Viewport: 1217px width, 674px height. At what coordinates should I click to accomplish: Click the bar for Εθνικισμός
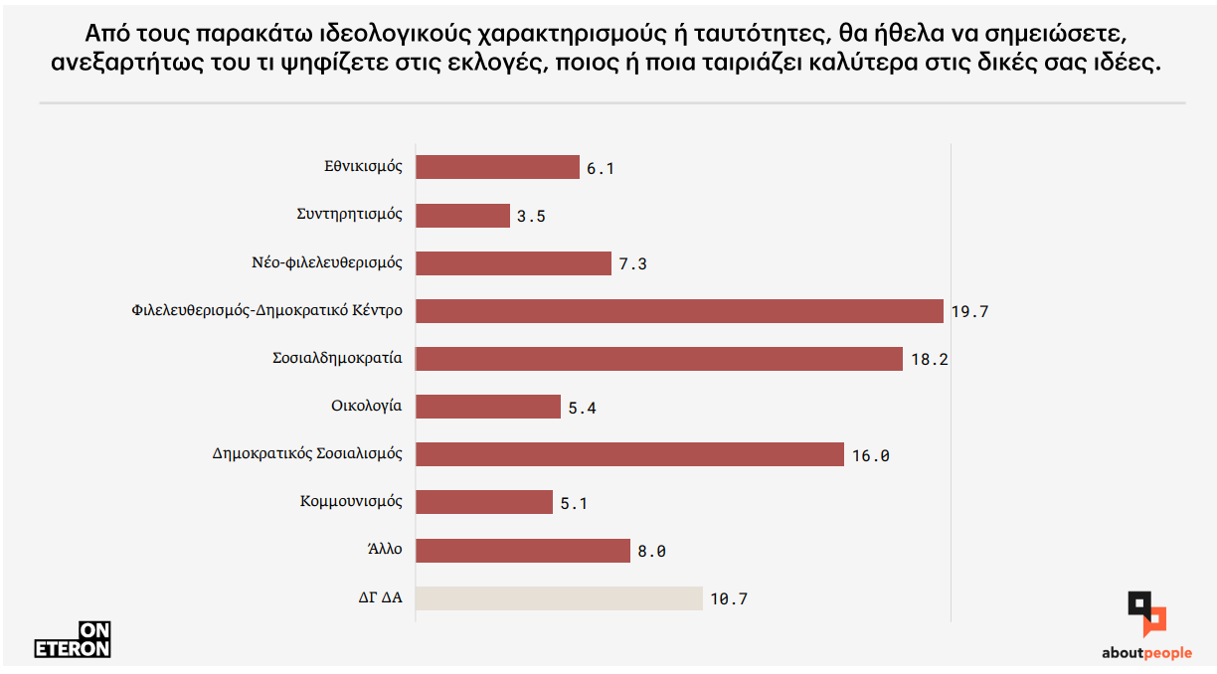pos(497,167)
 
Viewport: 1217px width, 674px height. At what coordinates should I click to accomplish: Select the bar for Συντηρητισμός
pos(462,215)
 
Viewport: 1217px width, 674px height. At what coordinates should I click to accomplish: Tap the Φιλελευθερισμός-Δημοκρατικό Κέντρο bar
pos(679,311)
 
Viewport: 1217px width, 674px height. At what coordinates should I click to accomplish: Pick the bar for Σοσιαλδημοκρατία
pos(658,359)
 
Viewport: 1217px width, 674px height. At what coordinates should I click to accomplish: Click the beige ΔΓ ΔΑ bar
pos(559,598)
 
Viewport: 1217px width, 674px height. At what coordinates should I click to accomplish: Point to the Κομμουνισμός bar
pos(483,502)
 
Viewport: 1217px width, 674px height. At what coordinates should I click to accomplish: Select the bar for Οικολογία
pos(488,407)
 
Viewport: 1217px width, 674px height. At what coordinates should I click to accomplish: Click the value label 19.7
pos(969,312)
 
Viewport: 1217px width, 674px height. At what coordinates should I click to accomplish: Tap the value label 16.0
pos(870,456)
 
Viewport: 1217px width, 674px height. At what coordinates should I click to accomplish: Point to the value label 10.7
pos(728,599)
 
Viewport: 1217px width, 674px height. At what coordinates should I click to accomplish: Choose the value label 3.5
pos(531,216)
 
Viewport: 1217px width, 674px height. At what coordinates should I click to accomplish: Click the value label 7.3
pos(632,264)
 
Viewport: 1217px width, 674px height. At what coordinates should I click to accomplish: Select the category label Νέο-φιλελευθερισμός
pos(327,263)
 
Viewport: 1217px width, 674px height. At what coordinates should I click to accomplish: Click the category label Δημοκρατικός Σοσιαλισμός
pos(307,454)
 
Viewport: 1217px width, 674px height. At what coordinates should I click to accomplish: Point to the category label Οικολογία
pos(366,406)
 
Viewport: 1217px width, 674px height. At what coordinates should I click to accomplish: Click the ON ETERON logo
pos(73,640)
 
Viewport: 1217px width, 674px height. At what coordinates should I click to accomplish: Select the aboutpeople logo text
pos(1146,653)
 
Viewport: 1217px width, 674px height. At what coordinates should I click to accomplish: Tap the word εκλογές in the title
pos(498,64)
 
